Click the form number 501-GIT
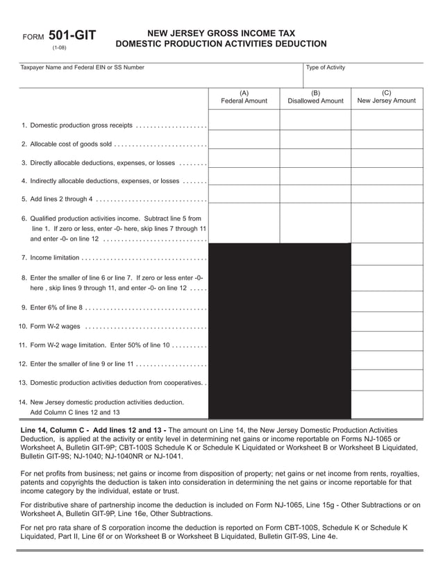[72, 36]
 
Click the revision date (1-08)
[59, 48]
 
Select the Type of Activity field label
[325, 67]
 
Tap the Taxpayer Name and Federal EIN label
[83, 67]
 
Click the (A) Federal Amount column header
[244, 96]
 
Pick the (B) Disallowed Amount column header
[315, 96]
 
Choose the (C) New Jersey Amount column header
[386, 96]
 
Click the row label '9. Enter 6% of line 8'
[52, 307]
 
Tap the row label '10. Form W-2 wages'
[49, 326]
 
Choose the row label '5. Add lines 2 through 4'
[56, 199]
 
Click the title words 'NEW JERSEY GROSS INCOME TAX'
[220, 33]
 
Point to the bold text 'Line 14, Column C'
[53, 430]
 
